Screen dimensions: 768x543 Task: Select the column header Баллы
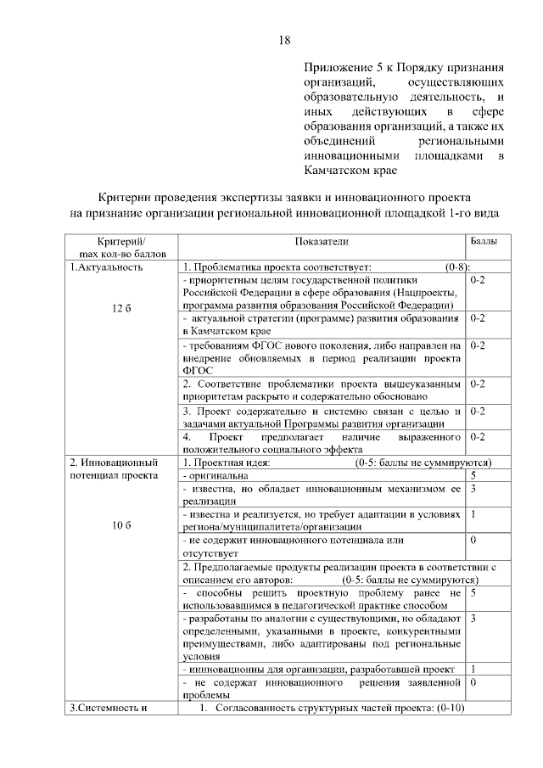[x=484, y=242]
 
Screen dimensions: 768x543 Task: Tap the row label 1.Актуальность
[x=106, y=266]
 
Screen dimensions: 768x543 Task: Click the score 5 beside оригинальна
[x=473, y=476]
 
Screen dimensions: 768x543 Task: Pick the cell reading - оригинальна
[x=212, y=476]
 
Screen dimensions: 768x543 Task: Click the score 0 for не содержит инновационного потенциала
[x=473, y=540]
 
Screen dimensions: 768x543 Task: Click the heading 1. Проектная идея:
[x=227, y=462]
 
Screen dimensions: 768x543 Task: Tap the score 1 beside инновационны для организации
[x=473, y=669]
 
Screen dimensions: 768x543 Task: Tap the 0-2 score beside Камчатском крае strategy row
[x=477, y=318]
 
